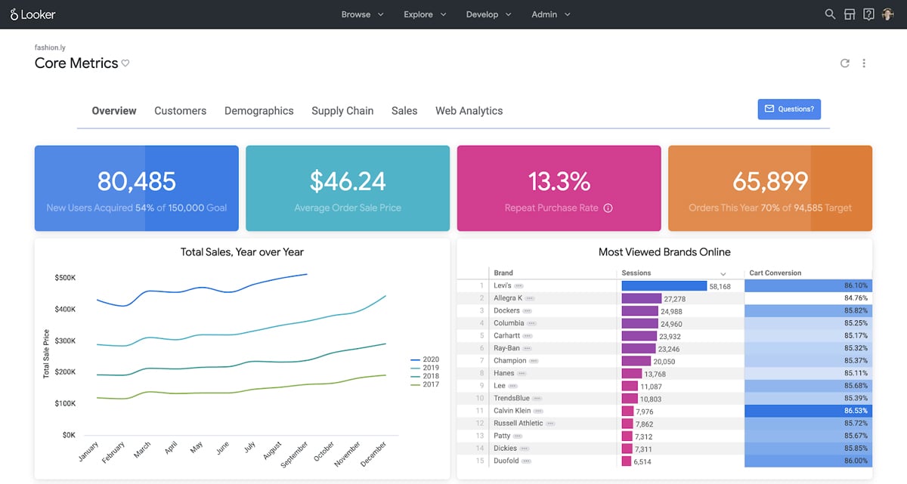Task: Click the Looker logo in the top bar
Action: pyautogui.click(x=33, y=14)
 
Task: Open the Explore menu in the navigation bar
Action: pyautogui.click(x=424, y=14)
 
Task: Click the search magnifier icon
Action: pyautogui.click(x=830, y=14)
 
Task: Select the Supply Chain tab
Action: pyautogui.click(x=342, y=110)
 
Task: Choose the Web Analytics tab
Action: pyautogui.click(x=469, y=110)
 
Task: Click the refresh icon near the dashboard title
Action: pyautogui.click(x=845, y=63)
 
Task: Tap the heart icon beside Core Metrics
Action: pyautogui.click(x=125, y=63)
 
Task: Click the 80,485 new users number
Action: pyautogui.click(x=136, y=181)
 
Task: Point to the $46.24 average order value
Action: pyautogui.click(x=348, y=181)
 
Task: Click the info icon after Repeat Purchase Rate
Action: pyautogui.click(x=608, y=208)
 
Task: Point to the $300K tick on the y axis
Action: pyautogui.click(x=65, y=341)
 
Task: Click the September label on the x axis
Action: pyautogui.click(x=295, y=453)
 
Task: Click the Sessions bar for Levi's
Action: pyautogui.click(x=664, y=286)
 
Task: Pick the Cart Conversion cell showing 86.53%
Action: pyautogui.click(x=807, y=411)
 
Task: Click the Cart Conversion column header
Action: pyautogui.click(x=775, y=273)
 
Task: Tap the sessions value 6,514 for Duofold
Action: pyautogui.click(x=642, y=461)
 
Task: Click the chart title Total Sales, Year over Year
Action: pyautogui.click(x=242, y=252)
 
